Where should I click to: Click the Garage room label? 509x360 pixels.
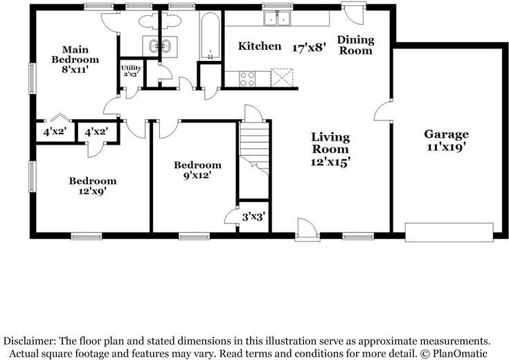pyautogui.click(x=447, y=134)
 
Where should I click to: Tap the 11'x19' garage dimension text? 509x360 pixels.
pyautogui.click(x=447, y=147)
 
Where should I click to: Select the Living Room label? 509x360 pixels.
pyautogui.click(x=330, y=143)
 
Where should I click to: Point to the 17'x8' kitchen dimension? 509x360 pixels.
pyautogui.click(x=309, y=48)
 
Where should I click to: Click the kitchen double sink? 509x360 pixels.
pyautogui.click(x=277, y=18)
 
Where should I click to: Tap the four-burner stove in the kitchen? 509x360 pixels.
pyautogui.click(x=247, y=79)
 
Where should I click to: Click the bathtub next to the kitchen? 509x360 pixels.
pyautogui.click(x=210, y=36)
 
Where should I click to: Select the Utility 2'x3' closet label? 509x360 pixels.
pyautogui.click(x=131, y=71)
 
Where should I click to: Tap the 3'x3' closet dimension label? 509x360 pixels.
pyautogui.click(x=254, y=217)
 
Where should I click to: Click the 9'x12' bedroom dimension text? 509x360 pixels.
pyautogui.click(x=197, y=176)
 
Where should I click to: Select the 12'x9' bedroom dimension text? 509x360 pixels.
pyautogui.click(x=93, y=191)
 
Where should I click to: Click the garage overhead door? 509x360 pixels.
pyautogui.click(x=449, y=232)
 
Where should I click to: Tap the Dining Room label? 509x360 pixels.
pyautogui.click(x=356, y=45)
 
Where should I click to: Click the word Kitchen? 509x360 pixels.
pyautogui.click(x=260, y=46)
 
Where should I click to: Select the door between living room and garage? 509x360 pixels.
pyautogui.click(x=382, y=111)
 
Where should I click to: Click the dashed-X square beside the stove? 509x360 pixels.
pyautogui.click(x=282, y=78)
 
